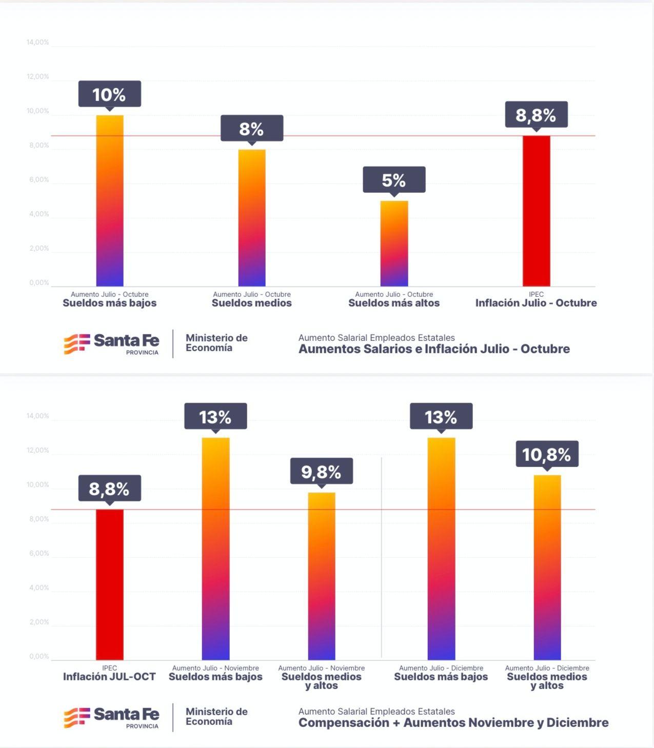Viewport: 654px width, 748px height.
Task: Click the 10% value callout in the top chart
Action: coord(109,94)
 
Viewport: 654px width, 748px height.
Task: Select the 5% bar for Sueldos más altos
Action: coord(394,244)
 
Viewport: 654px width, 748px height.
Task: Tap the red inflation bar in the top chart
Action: coord(536,211)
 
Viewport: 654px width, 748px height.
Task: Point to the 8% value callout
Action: coord(252,128)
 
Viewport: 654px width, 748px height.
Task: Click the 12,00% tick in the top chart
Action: coord(37,76)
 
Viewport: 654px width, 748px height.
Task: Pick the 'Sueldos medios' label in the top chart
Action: coord(252,302)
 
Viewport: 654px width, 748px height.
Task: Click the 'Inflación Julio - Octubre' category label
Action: coord(536,302)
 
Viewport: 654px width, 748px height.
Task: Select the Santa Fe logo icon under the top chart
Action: coord(77,343)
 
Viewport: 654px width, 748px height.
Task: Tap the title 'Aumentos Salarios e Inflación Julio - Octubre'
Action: coord(434,349)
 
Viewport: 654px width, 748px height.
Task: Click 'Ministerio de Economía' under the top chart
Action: coord(216,342)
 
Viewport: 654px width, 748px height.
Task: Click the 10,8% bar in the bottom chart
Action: coord(547,568)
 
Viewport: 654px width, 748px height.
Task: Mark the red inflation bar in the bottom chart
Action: coord(110,584)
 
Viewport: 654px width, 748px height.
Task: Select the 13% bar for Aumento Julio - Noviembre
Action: coord(216,549)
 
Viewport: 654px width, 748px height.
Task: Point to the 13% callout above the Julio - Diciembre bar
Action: coord(441,416)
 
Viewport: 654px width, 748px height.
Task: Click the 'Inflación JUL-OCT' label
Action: coord(109,677)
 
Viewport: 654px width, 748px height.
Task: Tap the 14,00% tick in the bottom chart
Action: coord(37,416)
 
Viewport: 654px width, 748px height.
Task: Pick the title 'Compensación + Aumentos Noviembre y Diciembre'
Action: coord(453,723)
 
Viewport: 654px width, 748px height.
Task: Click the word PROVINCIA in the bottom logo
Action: coord(142,726)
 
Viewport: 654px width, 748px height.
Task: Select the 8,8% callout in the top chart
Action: coord(536,114)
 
